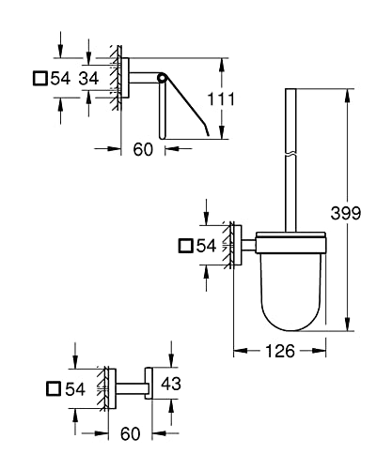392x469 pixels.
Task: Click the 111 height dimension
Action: tap(221, 99)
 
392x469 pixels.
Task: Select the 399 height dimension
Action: tap(346, 213)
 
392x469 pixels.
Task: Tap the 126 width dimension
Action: tap(280, 351)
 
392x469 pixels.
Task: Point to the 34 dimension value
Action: tap(88, 78)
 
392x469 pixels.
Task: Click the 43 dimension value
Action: tap(171, 384)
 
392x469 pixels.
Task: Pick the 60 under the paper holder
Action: tap(143, 149)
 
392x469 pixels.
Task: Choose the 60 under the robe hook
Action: tap(131, 434)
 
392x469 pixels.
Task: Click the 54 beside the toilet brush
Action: tap(206, 246)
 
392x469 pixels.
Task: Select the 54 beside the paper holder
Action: tap(60, 78)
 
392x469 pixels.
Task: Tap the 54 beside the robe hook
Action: tap(75, 389)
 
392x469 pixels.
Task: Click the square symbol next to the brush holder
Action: tap(186, 246)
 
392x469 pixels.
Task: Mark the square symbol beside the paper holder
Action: tap(40, 78)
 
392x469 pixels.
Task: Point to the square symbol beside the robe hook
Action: tap(54, 389)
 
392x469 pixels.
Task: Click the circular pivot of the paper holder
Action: tap(162, 78)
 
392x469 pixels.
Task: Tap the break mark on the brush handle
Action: tap(290, 155)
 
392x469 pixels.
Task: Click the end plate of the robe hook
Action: tap(149, 383)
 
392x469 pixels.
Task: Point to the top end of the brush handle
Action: tap(290, 89)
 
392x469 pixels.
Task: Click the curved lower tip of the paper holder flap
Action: tap(206, 130)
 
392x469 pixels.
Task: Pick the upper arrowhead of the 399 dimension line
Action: tap(347, 96)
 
